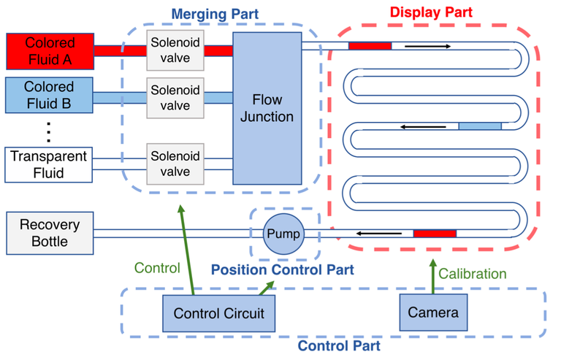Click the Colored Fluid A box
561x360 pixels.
point(50,50)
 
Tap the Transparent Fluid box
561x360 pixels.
point(50,164)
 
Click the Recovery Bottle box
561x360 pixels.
point(50,233)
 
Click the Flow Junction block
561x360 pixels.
point(267,108)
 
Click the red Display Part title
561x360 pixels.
point(431,12)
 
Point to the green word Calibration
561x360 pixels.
point(472,274)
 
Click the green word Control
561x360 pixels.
point(156,268)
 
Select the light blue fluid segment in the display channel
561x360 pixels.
point(480,126)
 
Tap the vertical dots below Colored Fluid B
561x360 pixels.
point(49,131)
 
